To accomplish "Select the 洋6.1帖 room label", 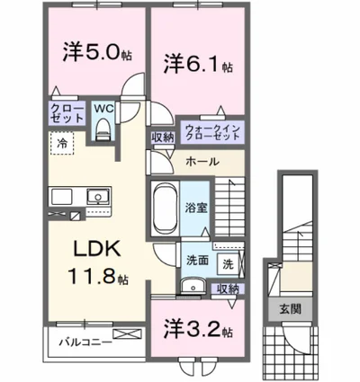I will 199,64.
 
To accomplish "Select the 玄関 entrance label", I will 292,308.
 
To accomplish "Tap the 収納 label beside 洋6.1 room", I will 162,138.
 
